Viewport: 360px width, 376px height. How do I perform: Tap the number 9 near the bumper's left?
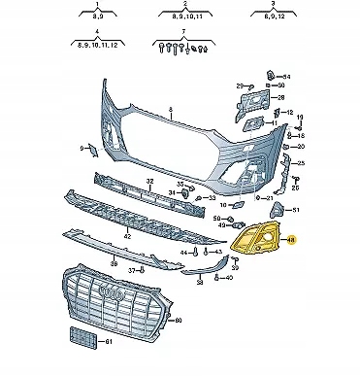tap(82, 149)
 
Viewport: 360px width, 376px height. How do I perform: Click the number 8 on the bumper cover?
tap(168, 110)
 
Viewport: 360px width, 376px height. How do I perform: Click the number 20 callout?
tap(299, 147)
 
